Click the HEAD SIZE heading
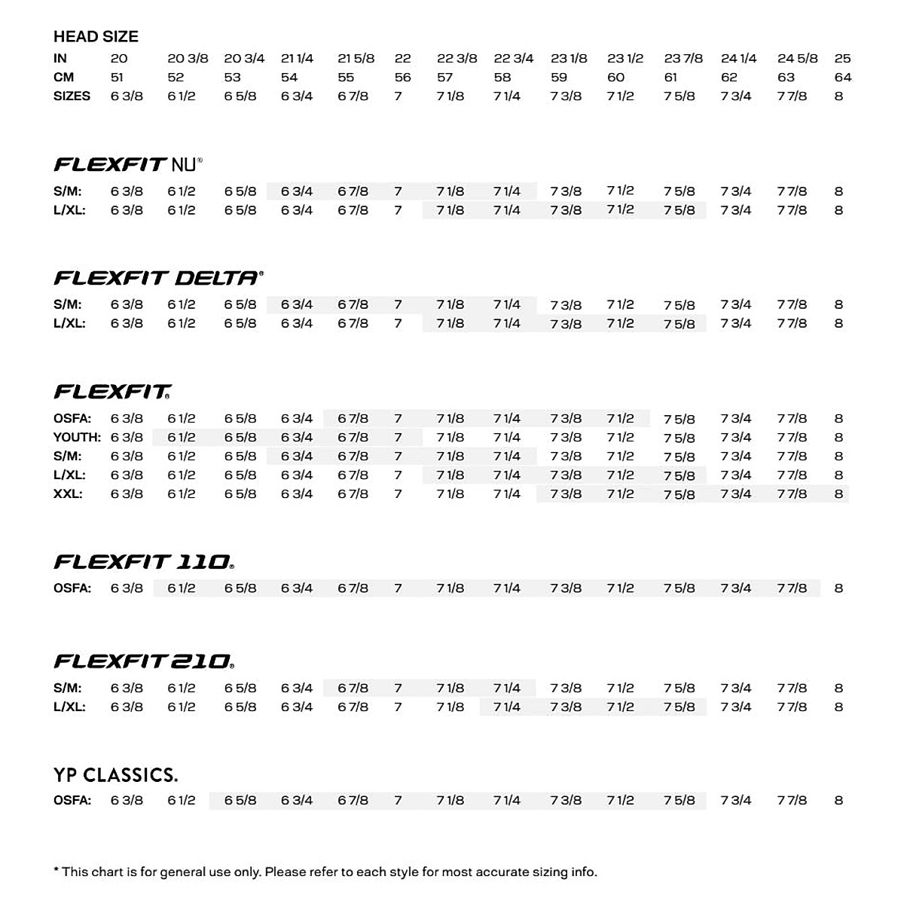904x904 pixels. pyautogui.click(x=96, y=36)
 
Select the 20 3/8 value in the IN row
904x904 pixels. pyautogui.click(x=188, y=58)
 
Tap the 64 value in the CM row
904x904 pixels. pyautogui.click(x=843, y=77)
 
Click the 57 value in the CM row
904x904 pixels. pyautogui.click(x=444, y=77)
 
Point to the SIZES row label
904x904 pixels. pyautogui.click(x=72, y=96)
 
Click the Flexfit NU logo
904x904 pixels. pyautogui.click(x=128, y=164)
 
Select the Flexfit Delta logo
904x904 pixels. pyautogui.click(x=158, y=278)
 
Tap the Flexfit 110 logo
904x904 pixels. pyautogui.click(x=144, y=562)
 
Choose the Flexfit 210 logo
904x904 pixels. pyautogui.click(x=144, y=661)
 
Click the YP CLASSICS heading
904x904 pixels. pyautogui.click(x=115, y=775)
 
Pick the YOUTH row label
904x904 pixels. pyautogui.click(x=77, y=437)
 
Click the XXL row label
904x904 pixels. pyautogui.click(x=68, y=494)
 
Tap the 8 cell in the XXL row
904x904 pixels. pyautogui.click(x=838, y=494)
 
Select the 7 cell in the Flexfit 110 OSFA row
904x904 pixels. pyautogui.click(x=398, y=588)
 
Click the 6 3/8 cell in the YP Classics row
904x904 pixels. pyautogui.click(x=127, y=800)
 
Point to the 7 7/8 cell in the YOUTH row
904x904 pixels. pyautogui.click(x=792, y=437)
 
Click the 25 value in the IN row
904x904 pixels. pyautogui.click(x=842, y=58)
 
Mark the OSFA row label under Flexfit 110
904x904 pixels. pyautogui.click(x=72, y=588)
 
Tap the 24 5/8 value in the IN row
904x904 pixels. pyautogui.click(x=797, y=58)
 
